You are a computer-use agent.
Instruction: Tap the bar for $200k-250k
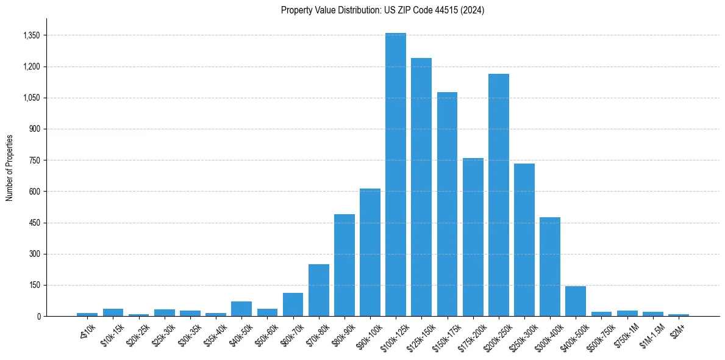[x=499, y=195]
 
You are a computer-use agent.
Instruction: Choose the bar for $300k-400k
[x=550, y=267]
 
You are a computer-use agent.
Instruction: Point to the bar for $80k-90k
[x=345, y=265]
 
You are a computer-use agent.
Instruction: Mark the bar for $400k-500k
[x=576, y=301]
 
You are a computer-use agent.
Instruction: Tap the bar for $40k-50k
[x=241, y=309]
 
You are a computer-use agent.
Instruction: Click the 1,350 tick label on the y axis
[x=31, y=35]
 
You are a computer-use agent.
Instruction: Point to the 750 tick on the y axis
[x=34, y=160]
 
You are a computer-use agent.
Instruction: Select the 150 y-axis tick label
[x=34, y=285]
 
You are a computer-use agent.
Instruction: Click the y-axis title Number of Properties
[x=10, y=168]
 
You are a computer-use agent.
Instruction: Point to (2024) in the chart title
[x=473, y=10]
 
